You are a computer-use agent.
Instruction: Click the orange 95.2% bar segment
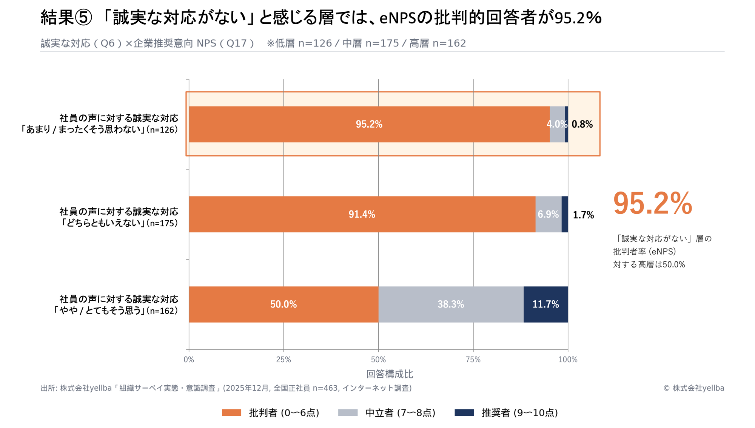(x=369, y=124)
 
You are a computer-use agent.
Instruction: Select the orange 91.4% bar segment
(x=362, y=214)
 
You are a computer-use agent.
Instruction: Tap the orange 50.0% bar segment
(x=283, y=304)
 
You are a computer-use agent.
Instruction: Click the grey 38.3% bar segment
(x=451, y=304)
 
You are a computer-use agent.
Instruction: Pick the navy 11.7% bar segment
(x=545, y=304)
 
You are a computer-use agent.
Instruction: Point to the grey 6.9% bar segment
(x=548, y=214)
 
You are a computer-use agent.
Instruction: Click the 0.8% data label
(x=582, y=124)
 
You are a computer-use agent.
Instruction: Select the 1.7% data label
(x=583, y=215)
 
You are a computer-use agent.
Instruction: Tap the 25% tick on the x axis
(x=284, y=360)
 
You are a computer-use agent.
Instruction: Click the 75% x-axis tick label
(x=473, y=360)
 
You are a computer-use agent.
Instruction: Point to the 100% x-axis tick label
(x=568, y=360)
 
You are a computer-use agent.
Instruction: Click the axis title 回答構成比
(x=390, y=374)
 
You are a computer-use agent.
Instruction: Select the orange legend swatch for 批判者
(x=231, y=413)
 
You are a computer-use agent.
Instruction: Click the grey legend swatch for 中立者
(x=348, y=413)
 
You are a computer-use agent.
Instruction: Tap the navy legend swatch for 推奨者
(x=464, y=413)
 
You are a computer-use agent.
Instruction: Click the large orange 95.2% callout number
(x=653, y=203)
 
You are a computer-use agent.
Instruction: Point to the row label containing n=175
(x=119, y=217)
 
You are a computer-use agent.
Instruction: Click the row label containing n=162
(x=115, y=305)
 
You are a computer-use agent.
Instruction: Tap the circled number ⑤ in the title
(x=83, y=18)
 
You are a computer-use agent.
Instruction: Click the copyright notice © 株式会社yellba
(x=694, y=388)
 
